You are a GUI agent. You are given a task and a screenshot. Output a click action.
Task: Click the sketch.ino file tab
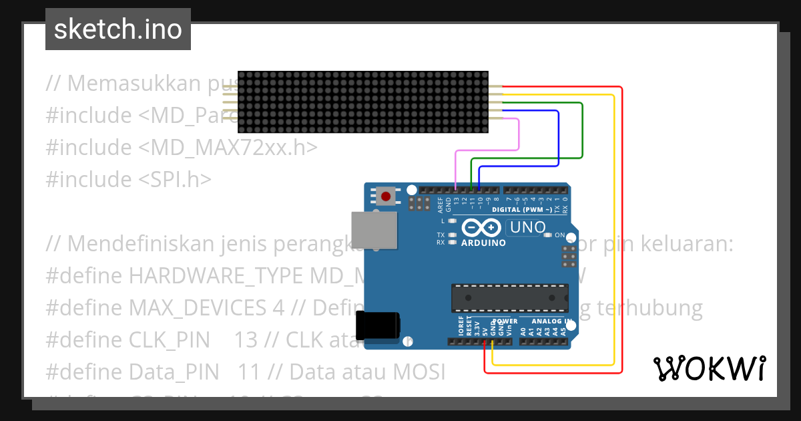[117, 29]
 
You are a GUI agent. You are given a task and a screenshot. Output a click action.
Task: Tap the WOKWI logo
[708, 368]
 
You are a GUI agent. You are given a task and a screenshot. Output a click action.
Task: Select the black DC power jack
[377, 325]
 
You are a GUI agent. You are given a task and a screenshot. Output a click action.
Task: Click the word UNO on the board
[527, 228]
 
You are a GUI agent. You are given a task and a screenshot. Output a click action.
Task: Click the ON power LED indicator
[548, 235]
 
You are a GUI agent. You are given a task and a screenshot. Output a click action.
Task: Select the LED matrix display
[363, 102]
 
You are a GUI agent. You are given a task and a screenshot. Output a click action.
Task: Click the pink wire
[519, 137]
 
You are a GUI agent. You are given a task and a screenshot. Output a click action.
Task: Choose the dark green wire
[582, 134]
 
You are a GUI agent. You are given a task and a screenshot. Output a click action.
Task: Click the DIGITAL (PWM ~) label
[521, 210]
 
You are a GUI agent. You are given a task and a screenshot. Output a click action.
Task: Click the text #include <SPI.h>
[129, 179]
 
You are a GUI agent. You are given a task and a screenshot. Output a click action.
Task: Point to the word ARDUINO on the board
[483, 243]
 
